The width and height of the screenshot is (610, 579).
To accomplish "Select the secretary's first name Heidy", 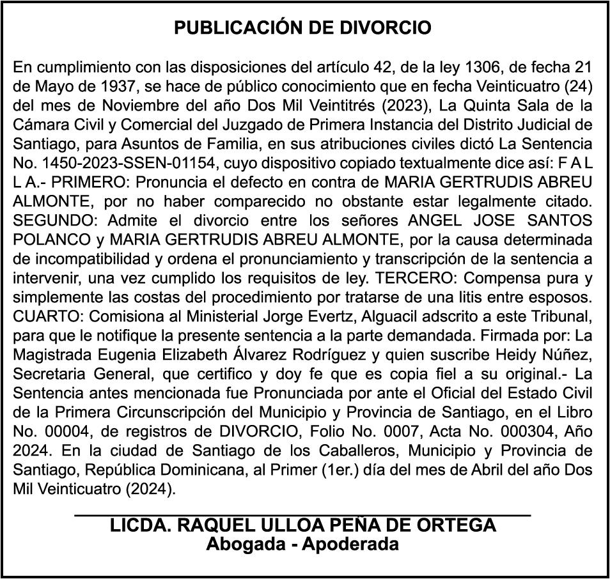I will click(x=475, y=354).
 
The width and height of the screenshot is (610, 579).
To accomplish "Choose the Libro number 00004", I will click(x=66, y=431).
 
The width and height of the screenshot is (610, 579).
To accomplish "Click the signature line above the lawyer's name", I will click(x=302, y=514).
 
